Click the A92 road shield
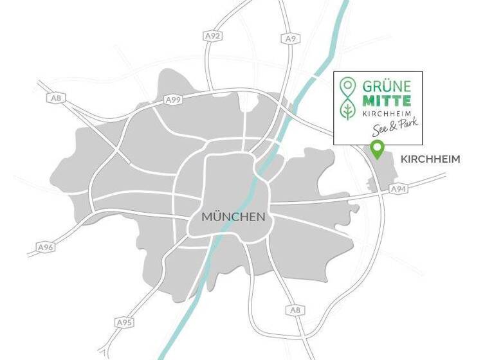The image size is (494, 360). point(214,36)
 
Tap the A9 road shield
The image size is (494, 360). point(290,39)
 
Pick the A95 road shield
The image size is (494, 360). point(125,321)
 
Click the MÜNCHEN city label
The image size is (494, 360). point(233,217)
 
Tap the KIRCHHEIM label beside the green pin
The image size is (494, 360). point(430,159)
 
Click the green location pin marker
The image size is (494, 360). point(377,150)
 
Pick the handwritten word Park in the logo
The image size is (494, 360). point(407,125)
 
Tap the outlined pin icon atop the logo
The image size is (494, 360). point(349,85)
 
